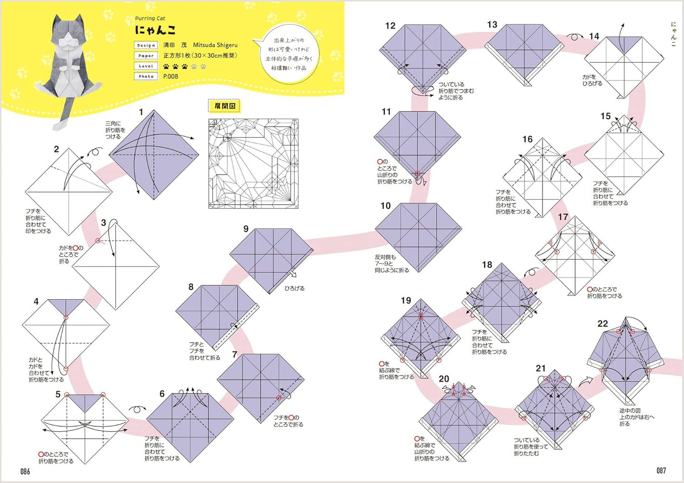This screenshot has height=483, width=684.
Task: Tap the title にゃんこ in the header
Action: tap(155, 30)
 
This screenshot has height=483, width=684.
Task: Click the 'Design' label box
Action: tap(146, 45)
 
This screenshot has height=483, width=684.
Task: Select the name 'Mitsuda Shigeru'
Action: tap(215, 45)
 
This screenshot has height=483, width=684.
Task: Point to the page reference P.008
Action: tap(171, 76)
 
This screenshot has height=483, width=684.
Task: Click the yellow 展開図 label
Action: tap(225, 106)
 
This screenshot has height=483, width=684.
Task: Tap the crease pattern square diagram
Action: tap(253, 163)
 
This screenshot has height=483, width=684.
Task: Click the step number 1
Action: tap(141, 112)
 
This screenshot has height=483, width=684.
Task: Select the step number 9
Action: tap(246, 229)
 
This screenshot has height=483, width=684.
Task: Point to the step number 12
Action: tap(390, 26)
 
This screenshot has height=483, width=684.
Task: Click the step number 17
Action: tap(563, 217)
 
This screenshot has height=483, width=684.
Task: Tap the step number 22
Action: tap(603, 324)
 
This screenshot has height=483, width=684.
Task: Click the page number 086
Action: tap(25, 471)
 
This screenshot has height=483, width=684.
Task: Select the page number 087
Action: tap(661, 471)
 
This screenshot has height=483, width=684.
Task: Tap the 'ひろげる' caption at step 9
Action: tap(294, 288)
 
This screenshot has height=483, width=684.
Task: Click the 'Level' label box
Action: tap(146, 66)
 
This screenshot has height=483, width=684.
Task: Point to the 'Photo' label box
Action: tap(146, 76)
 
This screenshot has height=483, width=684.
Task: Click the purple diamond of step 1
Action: tap(154, 155)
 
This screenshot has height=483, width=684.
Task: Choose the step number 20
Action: tap(444, 379)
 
